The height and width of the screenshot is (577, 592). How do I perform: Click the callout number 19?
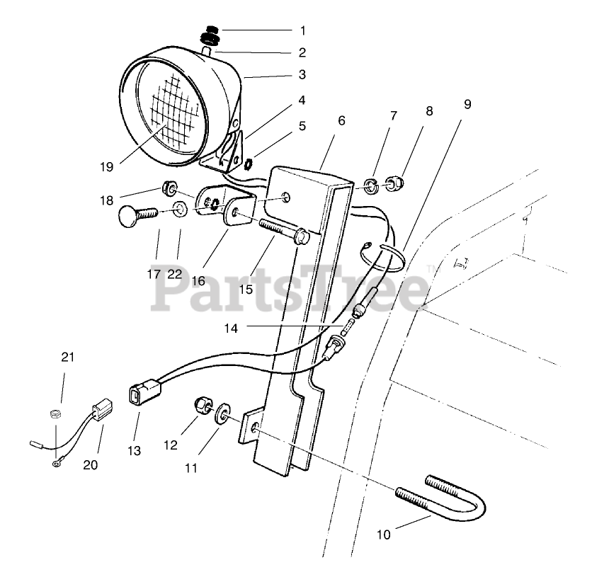point(106,167)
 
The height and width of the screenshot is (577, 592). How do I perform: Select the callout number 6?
point(341,120)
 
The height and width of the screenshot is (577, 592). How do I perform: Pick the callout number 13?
point(135,450)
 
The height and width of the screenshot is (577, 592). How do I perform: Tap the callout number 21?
point(67,357)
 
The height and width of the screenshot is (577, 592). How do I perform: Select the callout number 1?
point(303,30)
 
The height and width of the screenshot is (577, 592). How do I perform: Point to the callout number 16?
point(198,281)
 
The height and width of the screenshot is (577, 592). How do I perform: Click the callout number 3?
point(302,74)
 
